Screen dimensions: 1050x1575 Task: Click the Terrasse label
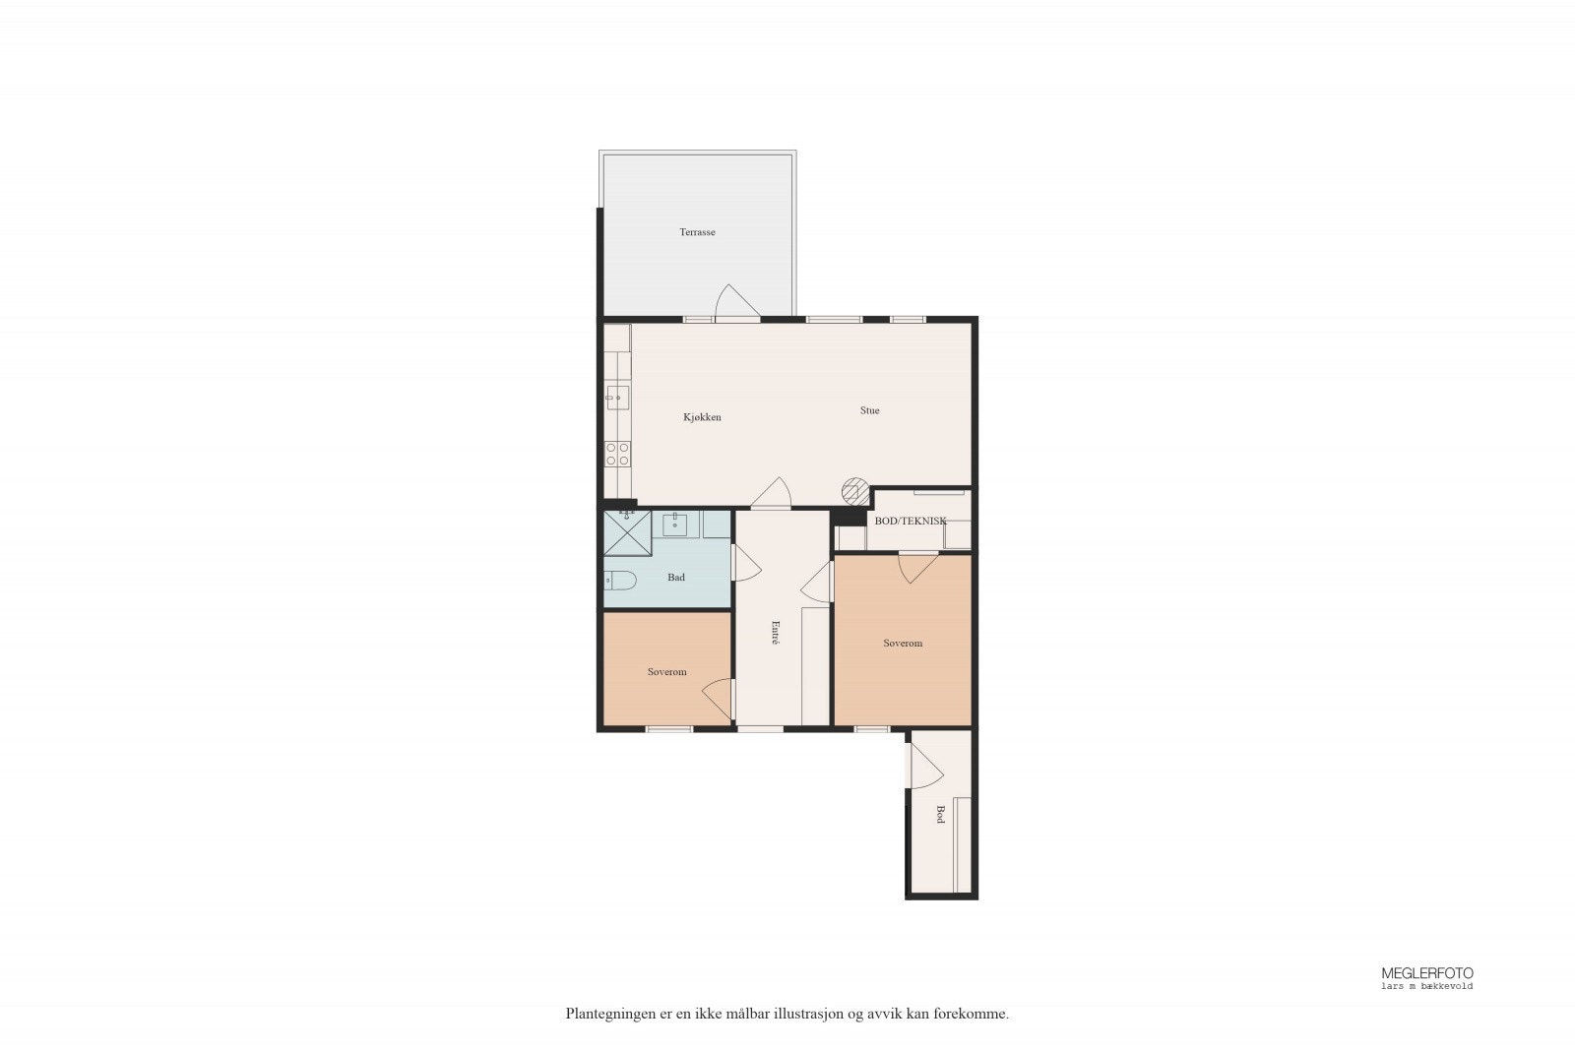point(697,233)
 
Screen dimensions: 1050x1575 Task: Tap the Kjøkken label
point(702,417)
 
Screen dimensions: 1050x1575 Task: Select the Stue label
point(869,410)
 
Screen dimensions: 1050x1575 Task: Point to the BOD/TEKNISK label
point(910,521)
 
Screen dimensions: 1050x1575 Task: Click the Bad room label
point(676,578)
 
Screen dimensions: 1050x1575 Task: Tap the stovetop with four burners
point(618,454)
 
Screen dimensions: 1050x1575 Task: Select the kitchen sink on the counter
point(617,398)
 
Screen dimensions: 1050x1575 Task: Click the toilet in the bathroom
point(619,579)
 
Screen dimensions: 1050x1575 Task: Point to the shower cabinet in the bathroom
point(628,534)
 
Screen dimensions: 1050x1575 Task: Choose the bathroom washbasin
point(675,525)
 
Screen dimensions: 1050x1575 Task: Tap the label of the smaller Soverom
point(666,672)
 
